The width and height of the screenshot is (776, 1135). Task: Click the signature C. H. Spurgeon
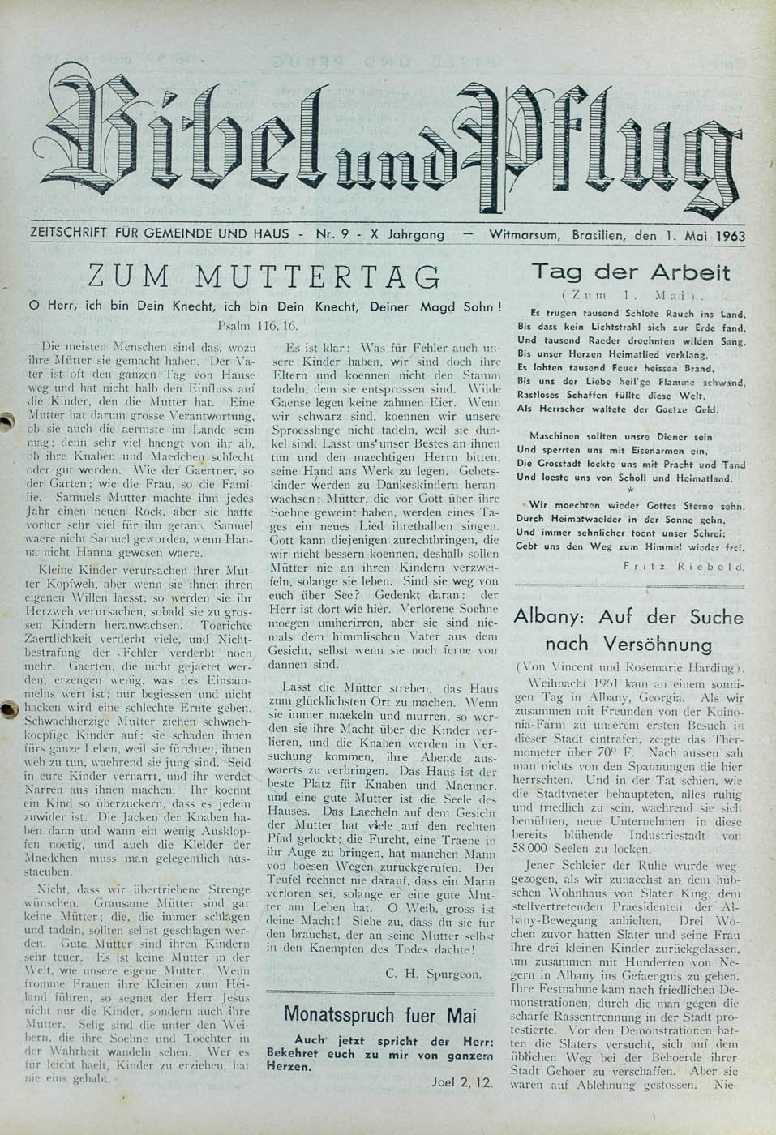pos(435,973)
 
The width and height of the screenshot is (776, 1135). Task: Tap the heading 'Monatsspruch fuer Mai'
pos(381,1015)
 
